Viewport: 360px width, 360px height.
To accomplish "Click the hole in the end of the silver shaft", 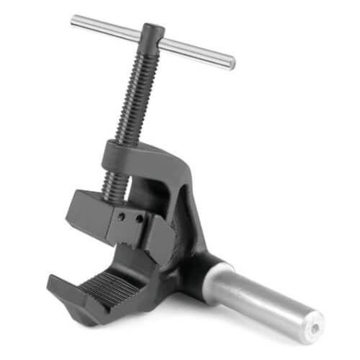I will tap(315, 328).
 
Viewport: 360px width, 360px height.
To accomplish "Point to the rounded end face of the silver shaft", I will tap(311, 325).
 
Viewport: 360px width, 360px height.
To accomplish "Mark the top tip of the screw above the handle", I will tap(153, 27).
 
